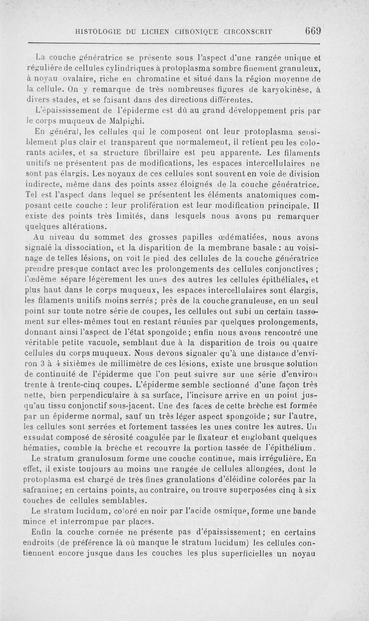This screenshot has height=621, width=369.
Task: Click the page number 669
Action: pyautogui.click(x=312, y=31)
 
